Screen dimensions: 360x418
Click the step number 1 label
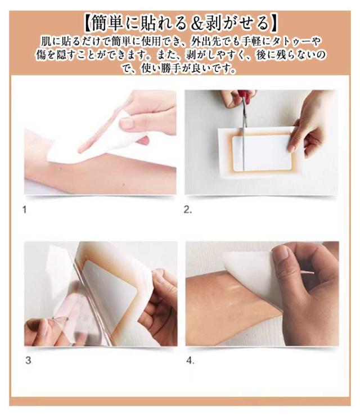pyautogui.click(x=24, y=210)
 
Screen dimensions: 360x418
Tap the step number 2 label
pyautogui.click(x=188, y=210)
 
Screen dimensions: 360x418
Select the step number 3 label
pyautogui.click(x=28, y=361)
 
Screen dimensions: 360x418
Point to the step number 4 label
pyautogui.click(x=190, y=361)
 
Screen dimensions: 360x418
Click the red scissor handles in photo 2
pyautogui.click(x=244, y=96)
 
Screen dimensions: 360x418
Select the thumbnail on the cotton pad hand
pyautogui.click(x=127, y=123)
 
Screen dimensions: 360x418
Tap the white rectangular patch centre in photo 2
pyautogui.click(x=262, y=152)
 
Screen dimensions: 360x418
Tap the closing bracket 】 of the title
pyautogui.click(x=273, y=23)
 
